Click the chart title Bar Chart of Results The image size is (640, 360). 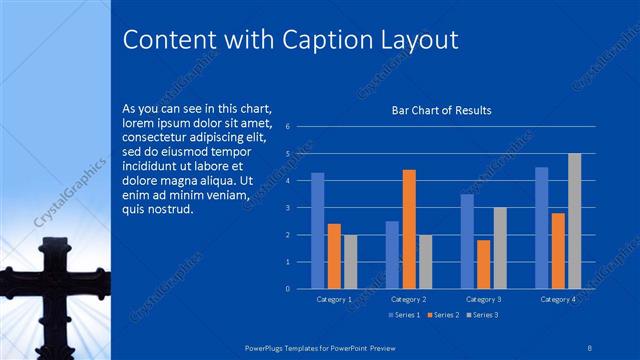(x=441, y=110)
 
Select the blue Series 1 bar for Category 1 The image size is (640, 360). (x=318, y=230)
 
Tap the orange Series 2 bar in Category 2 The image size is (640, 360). (x=408, y=229)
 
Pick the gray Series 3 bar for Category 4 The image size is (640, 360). (x=574, y=221)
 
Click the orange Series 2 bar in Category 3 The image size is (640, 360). (x=483, y=264)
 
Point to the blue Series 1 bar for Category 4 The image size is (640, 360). (x=542, y=227)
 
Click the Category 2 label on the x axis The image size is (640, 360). (x=408, y=299)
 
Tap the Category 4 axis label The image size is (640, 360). (x=558, y=299)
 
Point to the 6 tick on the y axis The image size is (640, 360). (x=288, y=127)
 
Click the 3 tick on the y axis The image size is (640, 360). (x=288, y=208)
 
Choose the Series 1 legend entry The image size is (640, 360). (x=404, y=315)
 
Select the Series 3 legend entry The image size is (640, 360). (x=482, y=315)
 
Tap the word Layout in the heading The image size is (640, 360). (x=415, y=39)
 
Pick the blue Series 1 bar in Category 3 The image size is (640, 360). (x=467, y=241)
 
